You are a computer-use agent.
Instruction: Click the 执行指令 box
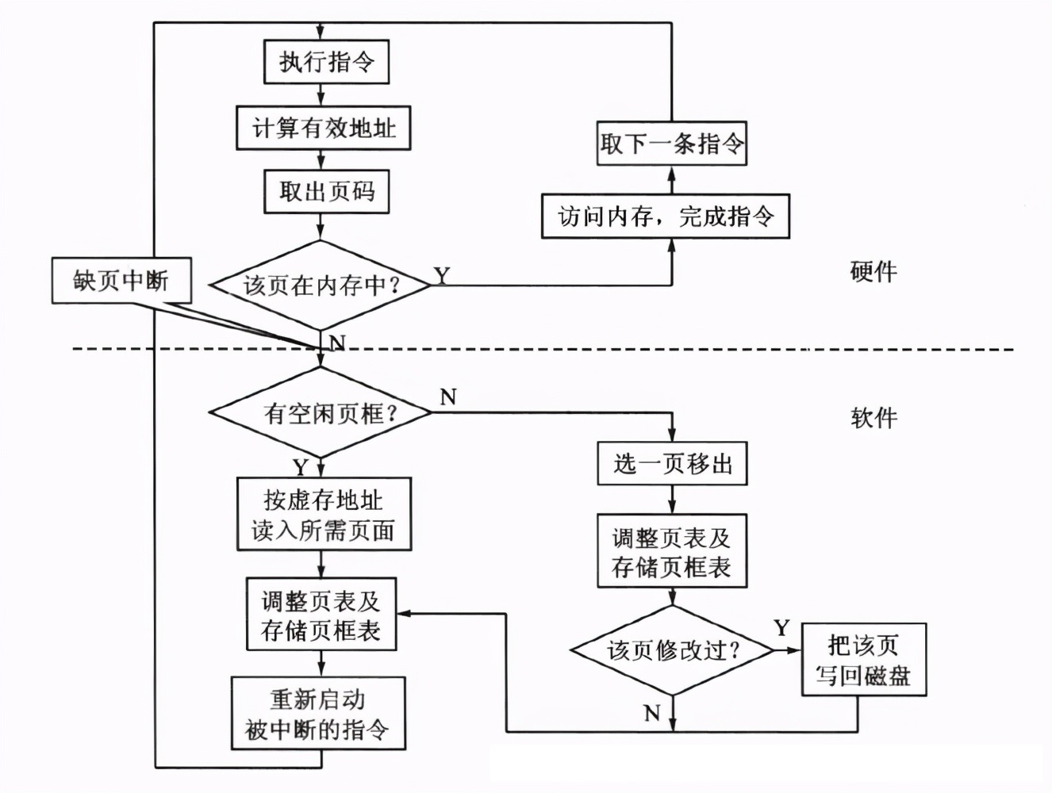(326, 62)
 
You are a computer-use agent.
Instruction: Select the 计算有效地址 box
(323, 128)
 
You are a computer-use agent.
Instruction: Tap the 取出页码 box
(326, 191)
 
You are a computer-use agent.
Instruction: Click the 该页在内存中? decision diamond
(321, 285)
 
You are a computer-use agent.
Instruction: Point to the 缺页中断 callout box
(121, 280)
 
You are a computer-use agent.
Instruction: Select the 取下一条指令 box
(671, 144)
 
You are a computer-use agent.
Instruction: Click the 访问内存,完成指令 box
(665, 216)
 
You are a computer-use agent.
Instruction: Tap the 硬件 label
(873, 272)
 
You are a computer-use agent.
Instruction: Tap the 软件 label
(873, 417)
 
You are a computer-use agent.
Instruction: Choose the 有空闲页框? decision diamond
(321, 412)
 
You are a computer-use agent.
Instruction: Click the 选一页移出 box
(671, 464)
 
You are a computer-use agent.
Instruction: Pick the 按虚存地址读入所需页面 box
(324, 514)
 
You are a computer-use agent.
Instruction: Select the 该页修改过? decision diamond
(672, 651)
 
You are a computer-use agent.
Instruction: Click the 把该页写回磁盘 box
(863, 660)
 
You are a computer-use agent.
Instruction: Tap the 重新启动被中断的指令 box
(318, 713)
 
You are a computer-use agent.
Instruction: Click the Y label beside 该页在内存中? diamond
(442, 274)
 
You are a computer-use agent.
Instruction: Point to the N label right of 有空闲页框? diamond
(448, 396)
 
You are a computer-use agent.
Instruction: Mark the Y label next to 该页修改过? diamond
(781, 628)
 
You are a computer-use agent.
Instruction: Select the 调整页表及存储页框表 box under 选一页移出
(671, 551)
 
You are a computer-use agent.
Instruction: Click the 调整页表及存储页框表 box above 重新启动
(321, 615)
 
